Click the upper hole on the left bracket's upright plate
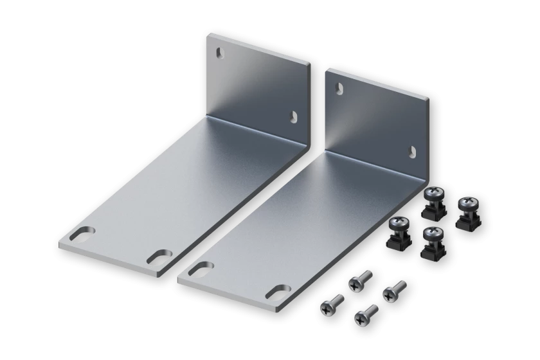(x=222, y=51)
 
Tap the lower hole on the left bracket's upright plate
(x=294, y=116)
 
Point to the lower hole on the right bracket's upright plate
(x=411, y=150)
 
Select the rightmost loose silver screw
(x=394, y=289)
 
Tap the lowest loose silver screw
(x=365, y=314)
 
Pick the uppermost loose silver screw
(x=359, y=279)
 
